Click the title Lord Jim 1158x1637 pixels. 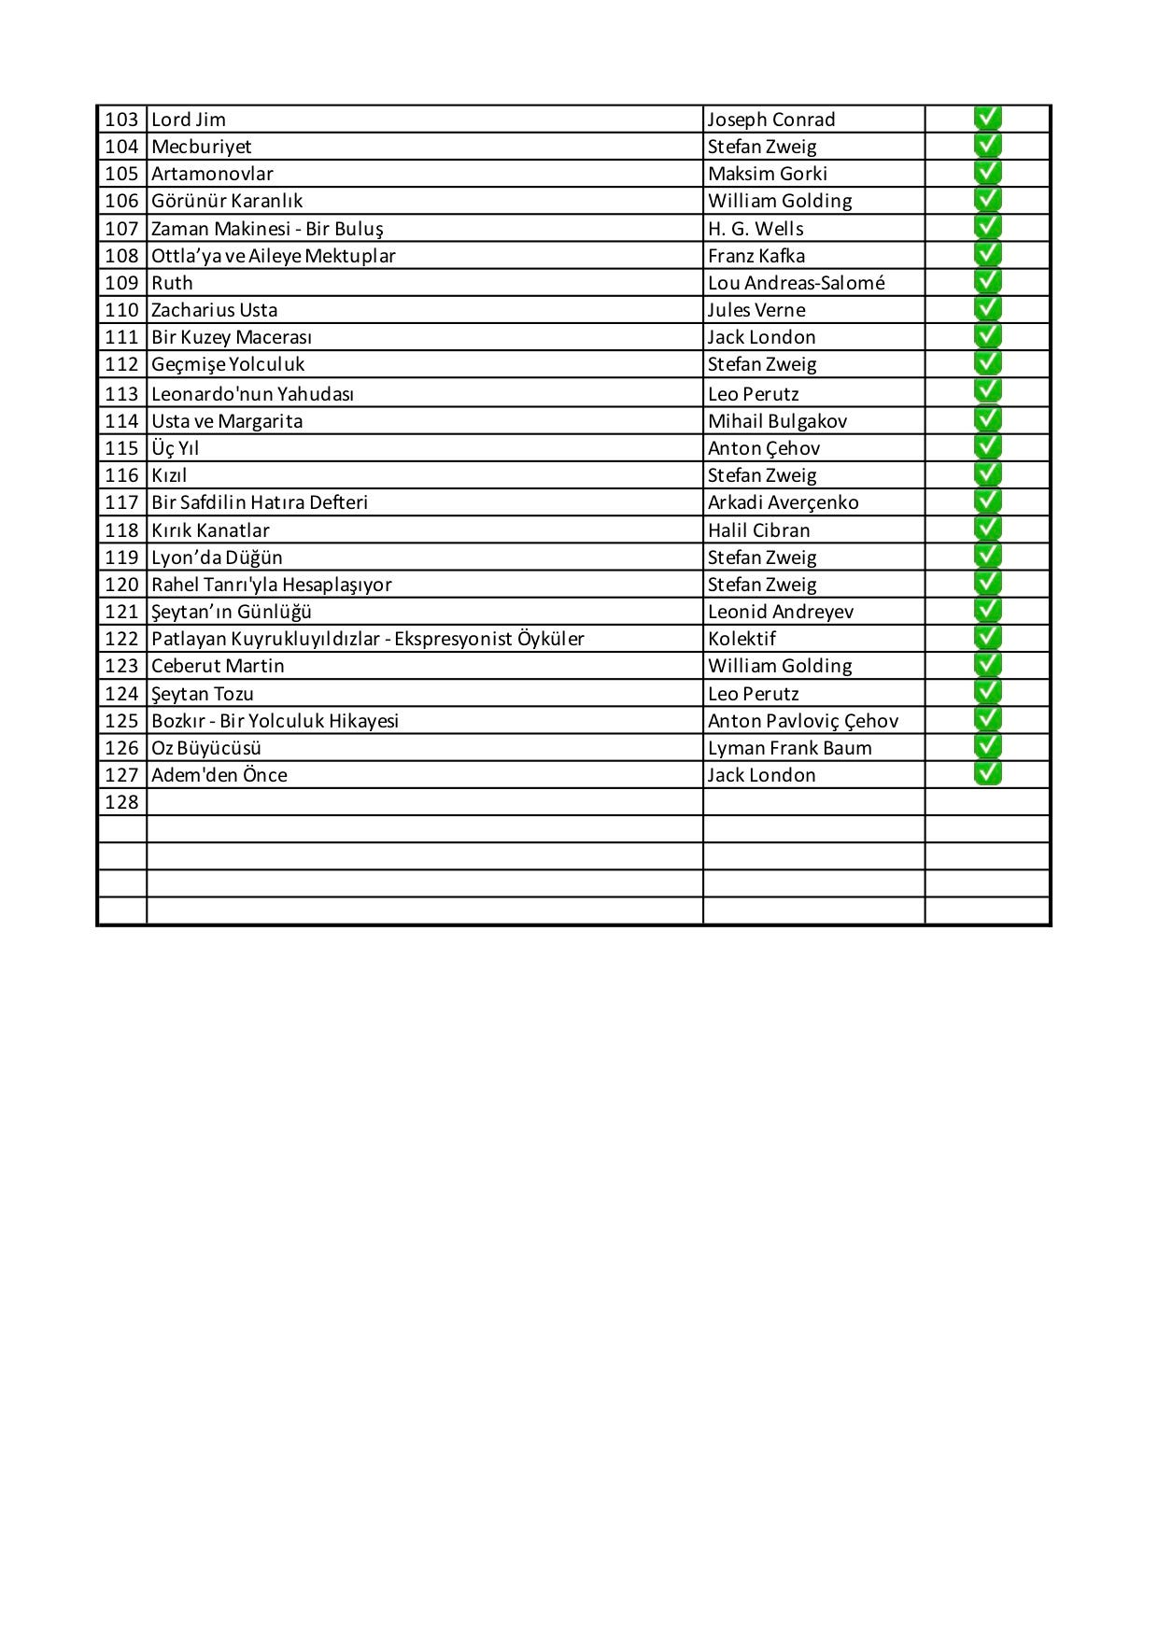coord(189,120)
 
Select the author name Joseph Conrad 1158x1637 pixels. coord(770,120)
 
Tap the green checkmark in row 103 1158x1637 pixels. coord(987,119)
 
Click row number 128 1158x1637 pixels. coord(121,802)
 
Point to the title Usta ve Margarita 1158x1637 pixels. coord(227,421)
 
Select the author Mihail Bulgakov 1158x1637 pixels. coord(777,421)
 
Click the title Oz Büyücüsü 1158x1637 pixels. coord(206,748)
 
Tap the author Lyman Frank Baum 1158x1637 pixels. coord(789,748)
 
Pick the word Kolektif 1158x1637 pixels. coord(741,639)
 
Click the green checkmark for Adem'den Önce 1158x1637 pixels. coord(987,773)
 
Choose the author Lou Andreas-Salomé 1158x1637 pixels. coord(796,283)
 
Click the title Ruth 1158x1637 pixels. coord(172,283)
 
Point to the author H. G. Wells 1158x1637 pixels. coord(756,229)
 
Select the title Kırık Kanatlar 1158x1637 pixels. coord(210,530)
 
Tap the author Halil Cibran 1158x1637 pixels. coord(758,530)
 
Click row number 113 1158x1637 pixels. coord(121,394)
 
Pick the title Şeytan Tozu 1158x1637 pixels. coord(203,694)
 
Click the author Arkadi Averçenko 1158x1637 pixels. coord(783,502)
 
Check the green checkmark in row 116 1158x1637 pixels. coord(987,473)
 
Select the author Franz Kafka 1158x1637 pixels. coord(756,256)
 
